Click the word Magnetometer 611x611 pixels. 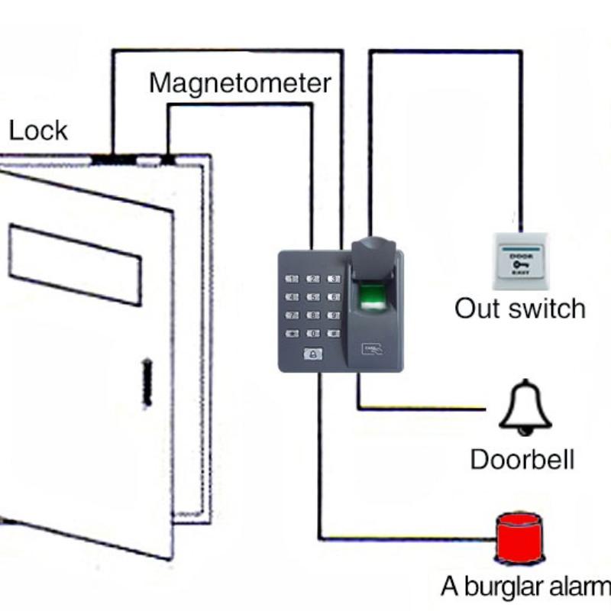point(240,82)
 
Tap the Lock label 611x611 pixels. point(38,131)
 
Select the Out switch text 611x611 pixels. point(520,309)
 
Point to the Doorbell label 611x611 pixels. point(522,459)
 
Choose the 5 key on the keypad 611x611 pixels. point(313,297)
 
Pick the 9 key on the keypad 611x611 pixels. point(333,315)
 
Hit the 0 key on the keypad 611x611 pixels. point(313,333)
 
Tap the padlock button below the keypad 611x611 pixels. point(313,354)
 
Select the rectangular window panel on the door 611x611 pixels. point(75,264)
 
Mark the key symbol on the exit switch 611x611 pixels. point(521,264)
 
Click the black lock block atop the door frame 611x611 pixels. point(113,160)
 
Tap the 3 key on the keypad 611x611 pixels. point(333,280)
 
